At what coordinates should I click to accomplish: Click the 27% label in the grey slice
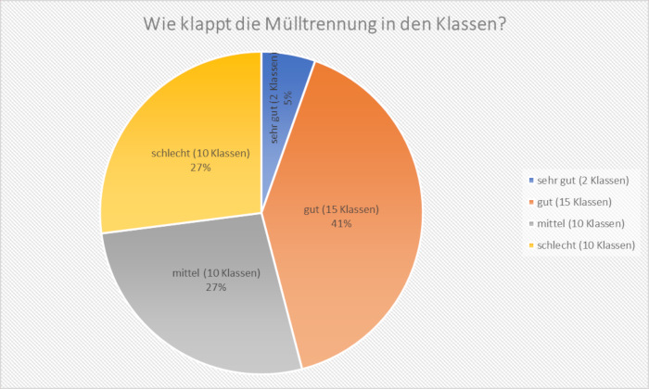click(216, 287)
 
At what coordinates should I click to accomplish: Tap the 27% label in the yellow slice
click(200, 168)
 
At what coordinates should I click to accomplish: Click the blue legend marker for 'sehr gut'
click(529, 180)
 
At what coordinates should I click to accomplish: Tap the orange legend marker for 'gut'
click(529, 202)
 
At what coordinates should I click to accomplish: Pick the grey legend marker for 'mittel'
click(529, 224)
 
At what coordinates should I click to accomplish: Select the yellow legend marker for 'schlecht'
click(529, 246)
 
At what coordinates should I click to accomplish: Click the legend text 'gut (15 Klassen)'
click(575, 202)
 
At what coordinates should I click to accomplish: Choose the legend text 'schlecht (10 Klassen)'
click(585, 246)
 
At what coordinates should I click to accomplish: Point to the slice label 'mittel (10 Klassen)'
click(216, 273)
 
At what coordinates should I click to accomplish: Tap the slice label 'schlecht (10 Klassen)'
click(200, 154)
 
